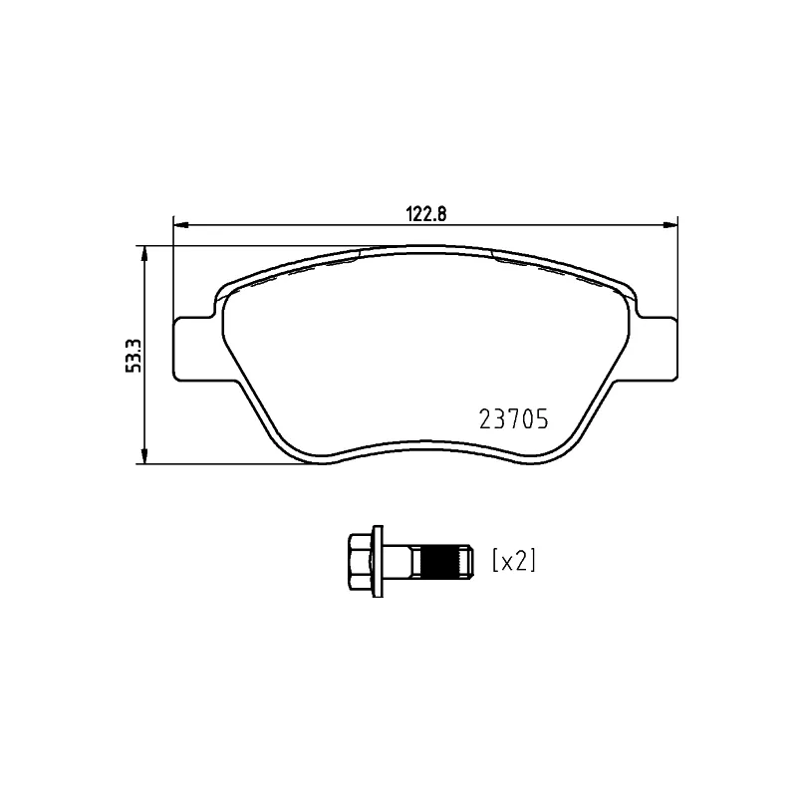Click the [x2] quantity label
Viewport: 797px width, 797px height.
(514, 561)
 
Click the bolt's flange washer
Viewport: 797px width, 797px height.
(376, 562)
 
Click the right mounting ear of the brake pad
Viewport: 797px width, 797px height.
(658, 348)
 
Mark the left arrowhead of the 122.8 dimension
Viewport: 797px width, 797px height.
(180, 224)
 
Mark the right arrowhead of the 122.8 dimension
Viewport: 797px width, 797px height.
(670, 224)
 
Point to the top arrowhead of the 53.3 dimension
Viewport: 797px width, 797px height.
(146, 253)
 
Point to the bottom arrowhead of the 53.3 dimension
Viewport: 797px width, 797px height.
(146, 456)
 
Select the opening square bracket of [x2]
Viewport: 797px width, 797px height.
(495, 561)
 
